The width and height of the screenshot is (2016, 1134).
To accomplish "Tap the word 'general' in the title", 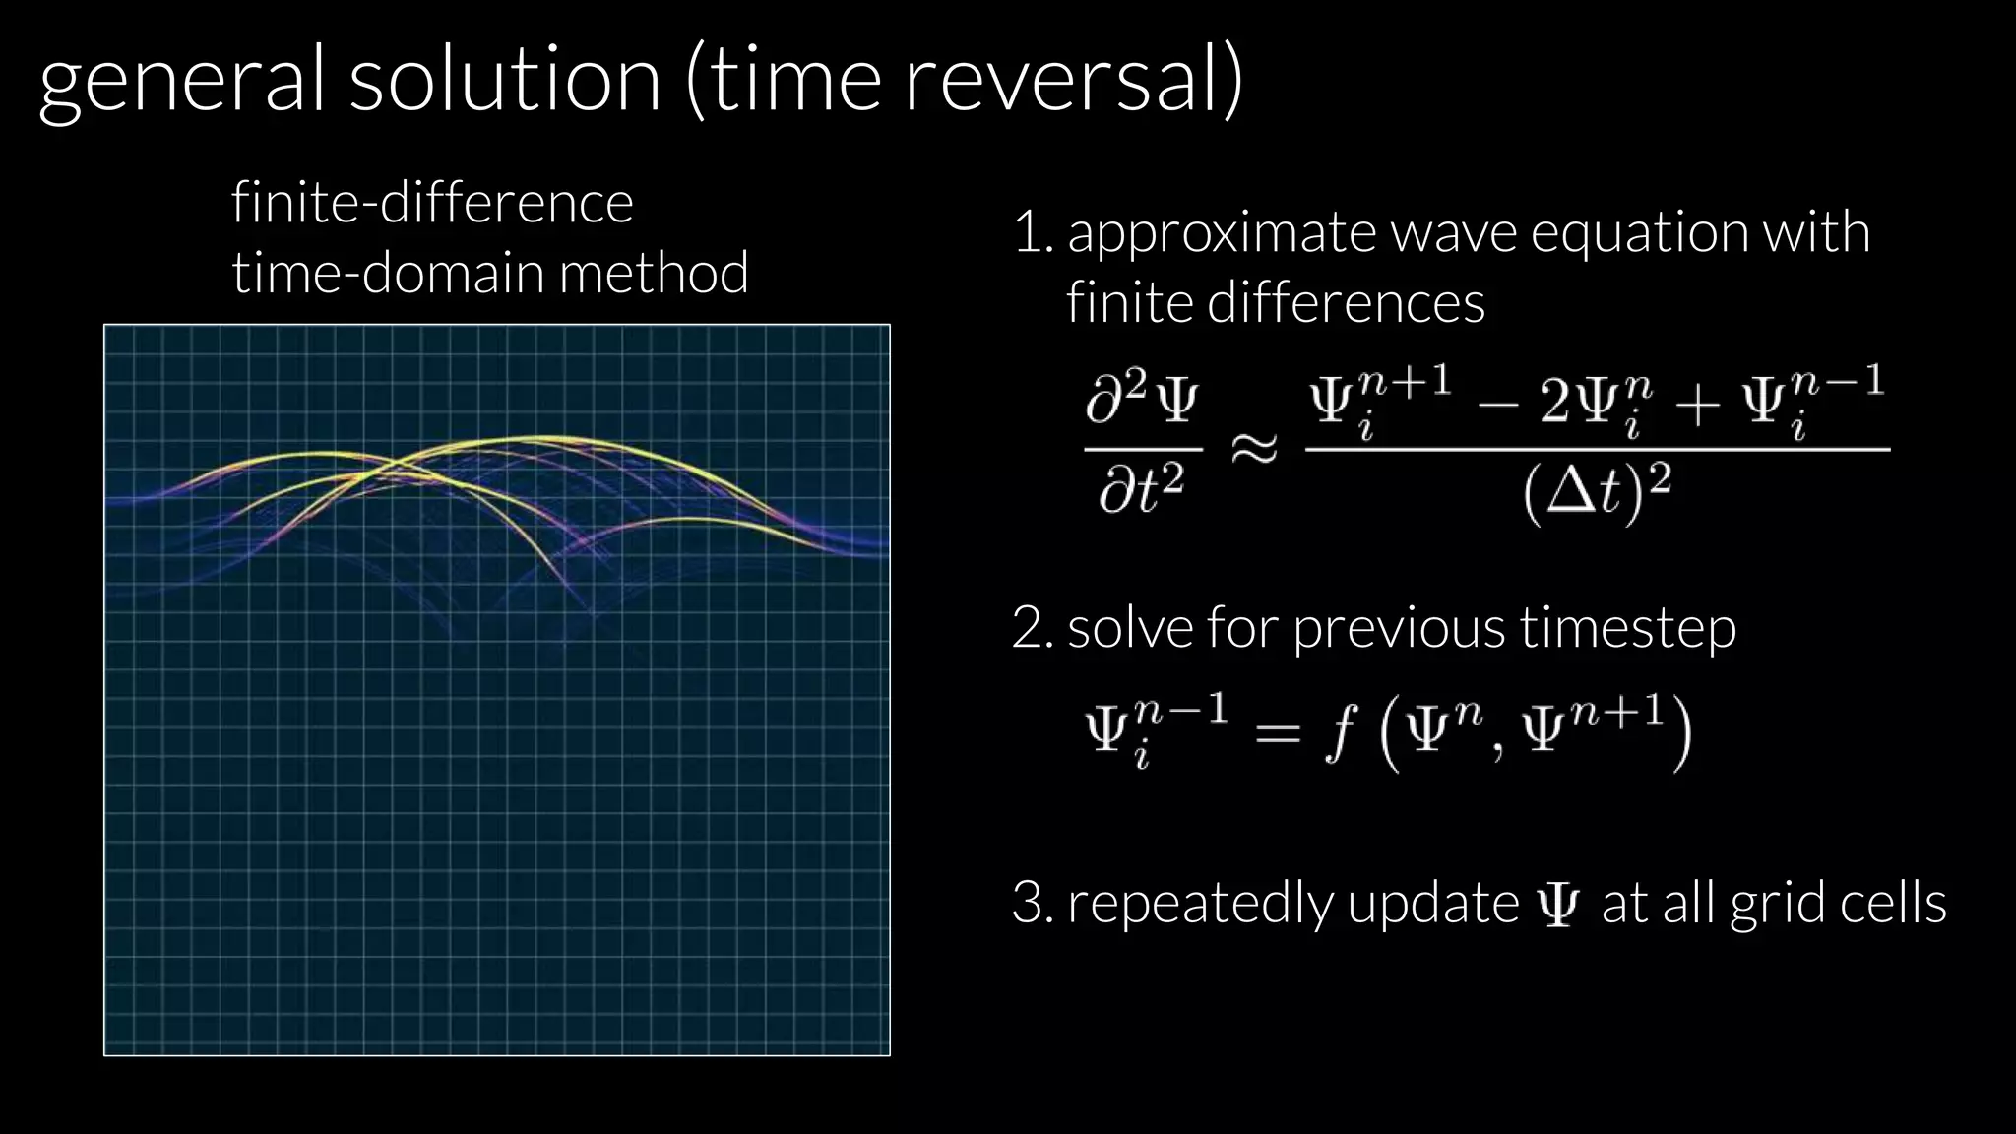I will click(x=181, y=84).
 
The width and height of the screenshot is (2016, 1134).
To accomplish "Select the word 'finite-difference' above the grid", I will click(x=432, y=203).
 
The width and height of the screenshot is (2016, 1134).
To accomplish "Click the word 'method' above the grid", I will click(x=654, y=273).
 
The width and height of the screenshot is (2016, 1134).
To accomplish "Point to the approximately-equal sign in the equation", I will click(x=1254, y=449).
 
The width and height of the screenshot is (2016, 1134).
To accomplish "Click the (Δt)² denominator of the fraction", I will click(x=1597, y=491).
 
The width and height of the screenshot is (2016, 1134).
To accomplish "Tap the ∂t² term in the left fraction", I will click(x=1142, y=490).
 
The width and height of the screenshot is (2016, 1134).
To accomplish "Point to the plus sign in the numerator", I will click(x=1697, y=405).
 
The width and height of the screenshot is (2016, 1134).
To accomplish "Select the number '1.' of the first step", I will click(x=1034, y=233).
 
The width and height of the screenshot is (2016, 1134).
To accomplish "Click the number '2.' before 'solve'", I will click(x=1034, y=628).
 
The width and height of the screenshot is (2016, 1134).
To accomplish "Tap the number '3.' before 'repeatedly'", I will click(x=1034, y=903).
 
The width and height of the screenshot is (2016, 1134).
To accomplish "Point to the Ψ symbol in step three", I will click(x=1558, y=905).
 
